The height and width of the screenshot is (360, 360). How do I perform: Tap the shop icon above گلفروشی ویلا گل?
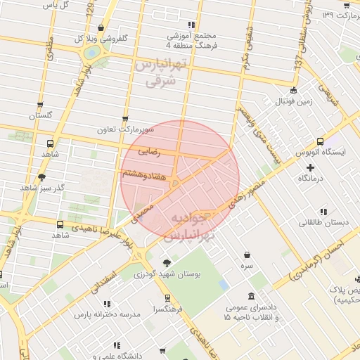101,28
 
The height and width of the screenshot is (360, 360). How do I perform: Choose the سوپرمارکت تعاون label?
125,130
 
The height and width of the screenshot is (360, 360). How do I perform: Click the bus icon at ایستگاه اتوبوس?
321,141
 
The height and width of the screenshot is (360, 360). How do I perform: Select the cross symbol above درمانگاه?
311,167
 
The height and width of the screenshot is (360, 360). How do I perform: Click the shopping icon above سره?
247,255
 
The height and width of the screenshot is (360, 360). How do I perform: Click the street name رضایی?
149,150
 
